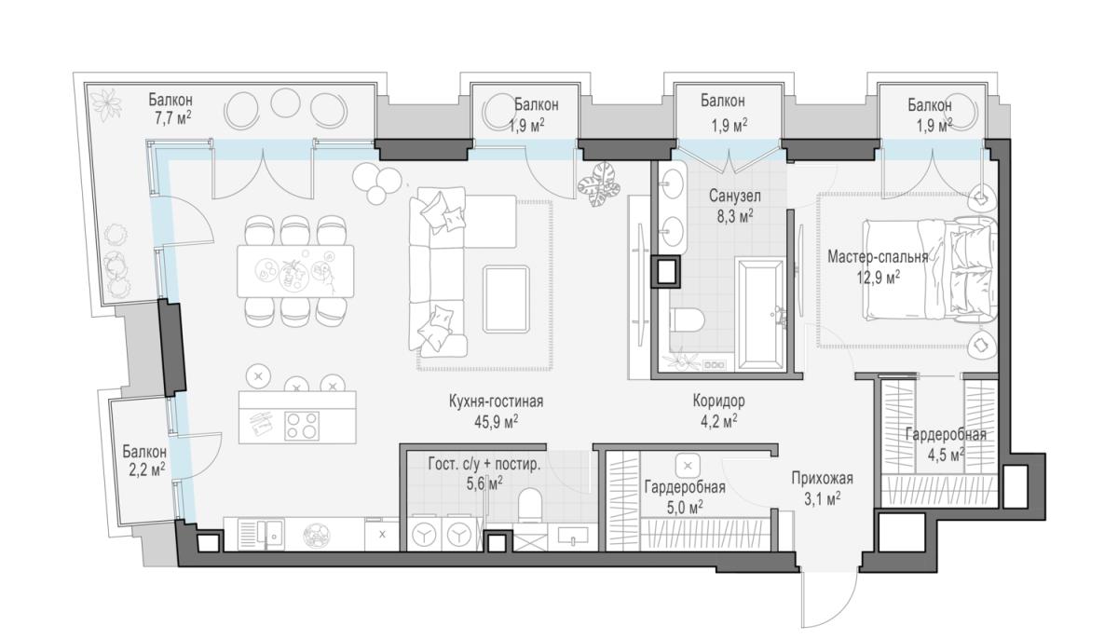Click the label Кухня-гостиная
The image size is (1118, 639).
(496, 401)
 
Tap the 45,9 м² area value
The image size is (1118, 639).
(496, 422)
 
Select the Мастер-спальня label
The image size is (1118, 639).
(878, 257)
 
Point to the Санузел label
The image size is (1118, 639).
(735, 196)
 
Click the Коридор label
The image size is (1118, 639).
(718, 401)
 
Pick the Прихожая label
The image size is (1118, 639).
(822, 479)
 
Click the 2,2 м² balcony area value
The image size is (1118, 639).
(147, 469)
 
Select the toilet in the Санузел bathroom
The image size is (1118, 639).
(687, 320)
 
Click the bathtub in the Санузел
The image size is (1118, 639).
(759, 315)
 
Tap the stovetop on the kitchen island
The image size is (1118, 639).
(302, 426)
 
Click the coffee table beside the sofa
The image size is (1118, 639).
(506, 299)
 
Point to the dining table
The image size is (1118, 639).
(295, 271)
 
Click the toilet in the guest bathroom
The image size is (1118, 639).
(530, 505)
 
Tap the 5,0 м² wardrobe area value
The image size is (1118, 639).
(685, 508)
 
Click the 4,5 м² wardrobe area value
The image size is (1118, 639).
(946, 455)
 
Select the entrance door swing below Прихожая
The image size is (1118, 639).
(828, 599)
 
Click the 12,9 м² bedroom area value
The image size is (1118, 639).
(879, 278)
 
